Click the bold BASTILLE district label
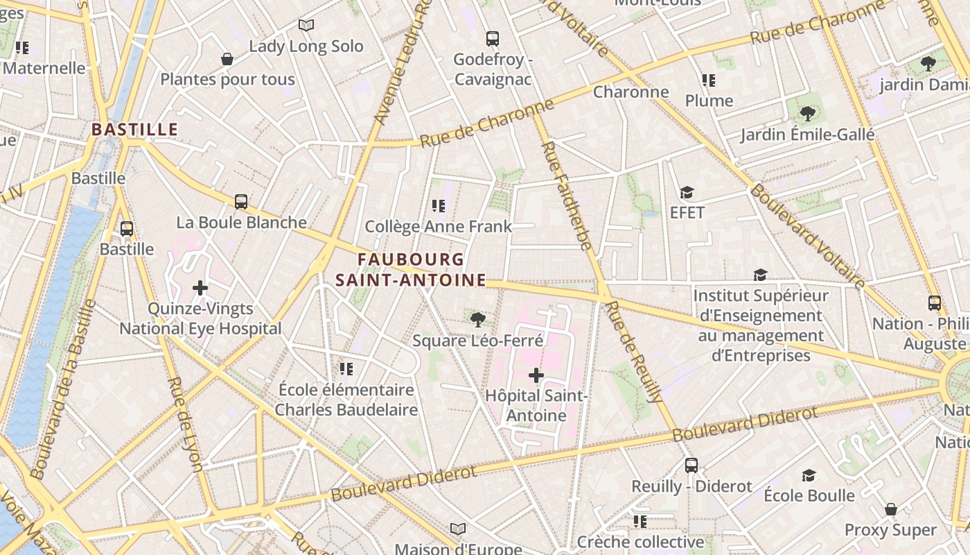coord(135,130)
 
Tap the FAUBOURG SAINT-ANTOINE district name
coord(411,270)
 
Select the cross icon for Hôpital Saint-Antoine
coord(536,376)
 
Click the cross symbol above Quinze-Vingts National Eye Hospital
coord(200,287)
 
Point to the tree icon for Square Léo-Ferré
coord(477,320)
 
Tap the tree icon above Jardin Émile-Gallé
coord(806,113)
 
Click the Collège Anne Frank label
coord(438,226)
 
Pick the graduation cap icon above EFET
coord(687,192)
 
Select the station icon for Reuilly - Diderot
coord(691,465)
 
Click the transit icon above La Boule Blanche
coord(240,202)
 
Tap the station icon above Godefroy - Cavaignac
coord(493,39)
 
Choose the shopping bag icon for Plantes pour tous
coord(227,59)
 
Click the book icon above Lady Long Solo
coord(306,26)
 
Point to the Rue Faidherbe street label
coord(566,196)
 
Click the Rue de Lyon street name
coord(184,424)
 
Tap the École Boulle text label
coord(809,495)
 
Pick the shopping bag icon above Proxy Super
coord(890,510)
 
